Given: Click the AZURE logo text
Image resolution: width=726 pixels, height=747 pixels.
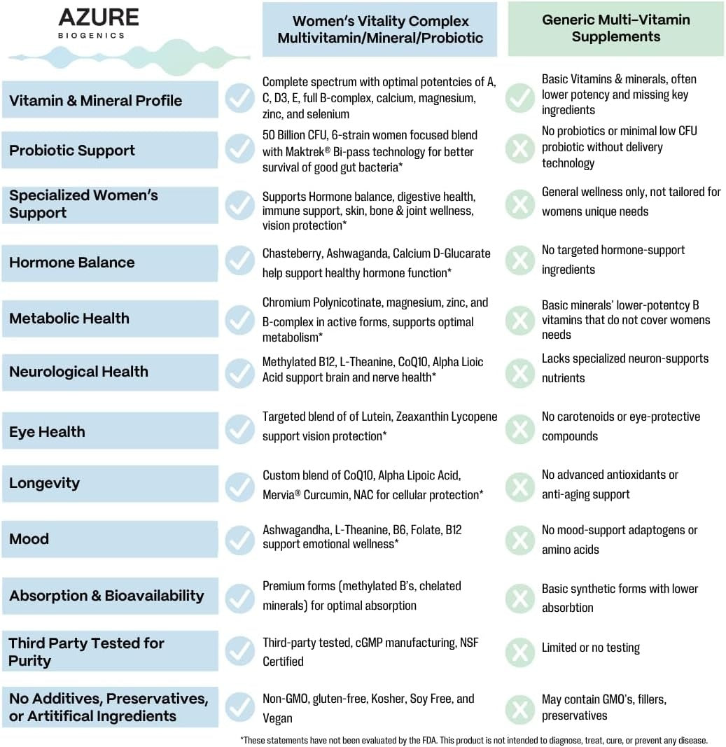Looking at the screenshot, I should pyautogui.click(x=99, y=18).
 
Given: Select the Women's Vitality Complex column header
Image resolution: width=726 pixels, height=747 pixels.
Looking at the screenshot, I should pyautogui.click(x=379, y=29).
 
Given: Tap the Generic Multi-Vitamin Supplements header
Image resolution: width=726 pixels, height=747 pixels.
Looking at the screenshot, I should pyautogui.click(x=615, y=28).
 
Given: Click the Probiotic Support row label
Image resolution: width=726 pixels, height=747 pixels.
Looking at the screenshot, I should pyautogui.click(x=72, y=151).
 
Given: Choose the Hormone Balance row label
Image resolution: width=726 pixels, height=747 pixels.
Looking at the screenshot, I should pyautogui.click(x=71, y=263).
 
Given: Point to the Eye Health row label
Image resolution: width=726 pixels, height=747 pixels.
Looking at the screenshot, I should pyautogui.click(x=47, y=432).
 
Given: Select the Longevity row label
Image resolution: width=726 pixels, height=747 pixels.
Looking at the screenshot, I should pyautogui.click(x=44, y=483).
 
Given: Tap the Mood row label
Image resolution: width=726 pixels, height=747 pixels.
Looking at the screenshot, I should pyautogui.click(x=29, y=539).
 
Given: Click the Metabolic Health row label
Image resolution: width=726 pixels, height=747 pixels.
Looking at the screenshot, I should pyautogui.click(x=69, y=319).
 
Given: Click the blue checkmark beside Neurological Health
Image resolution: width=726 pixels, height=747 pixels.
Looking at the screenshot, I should pyautogui.click(x=239, y=373).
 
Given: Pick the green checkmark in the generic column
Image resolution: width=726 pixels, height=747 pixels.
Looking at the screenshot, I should pyautogui.click(x=520, y=98).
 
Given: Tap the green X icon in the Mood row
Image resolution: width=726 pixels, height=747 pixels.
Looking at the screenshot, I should pyautogui.click(x=520, y=540).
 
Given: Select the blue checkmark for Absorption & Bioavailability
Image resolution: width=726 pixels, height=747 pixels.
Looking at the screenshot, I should pyautogui.click(x=239, y=597).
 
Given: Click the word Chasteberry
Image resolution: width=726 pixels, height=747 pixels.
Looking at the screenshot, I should pyautogui.click(x=291, y=253).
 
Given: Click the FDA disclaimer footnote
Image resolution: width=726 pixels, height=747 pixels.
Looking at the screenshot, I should pyautogui.click(x=474, y=740).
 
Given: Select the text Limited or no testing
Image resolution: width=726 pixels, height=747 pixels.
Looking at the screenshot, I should pyautogui.click(x=590, y=648).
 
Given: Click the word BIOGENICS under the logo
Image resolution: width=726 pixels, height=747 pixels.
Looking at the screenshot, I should pyautogui.click(x=92, y=35).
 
